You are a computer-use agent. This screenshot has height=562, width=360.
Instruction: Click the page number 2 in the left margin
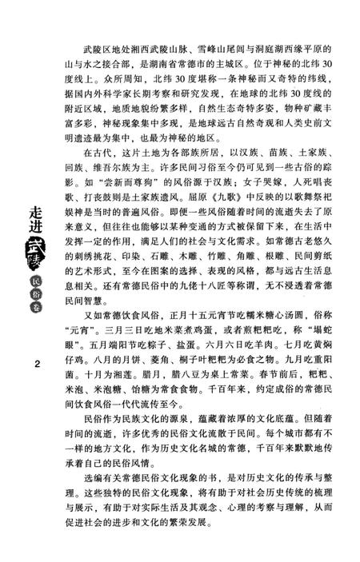pyautogui.click(x=38, y=365)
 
